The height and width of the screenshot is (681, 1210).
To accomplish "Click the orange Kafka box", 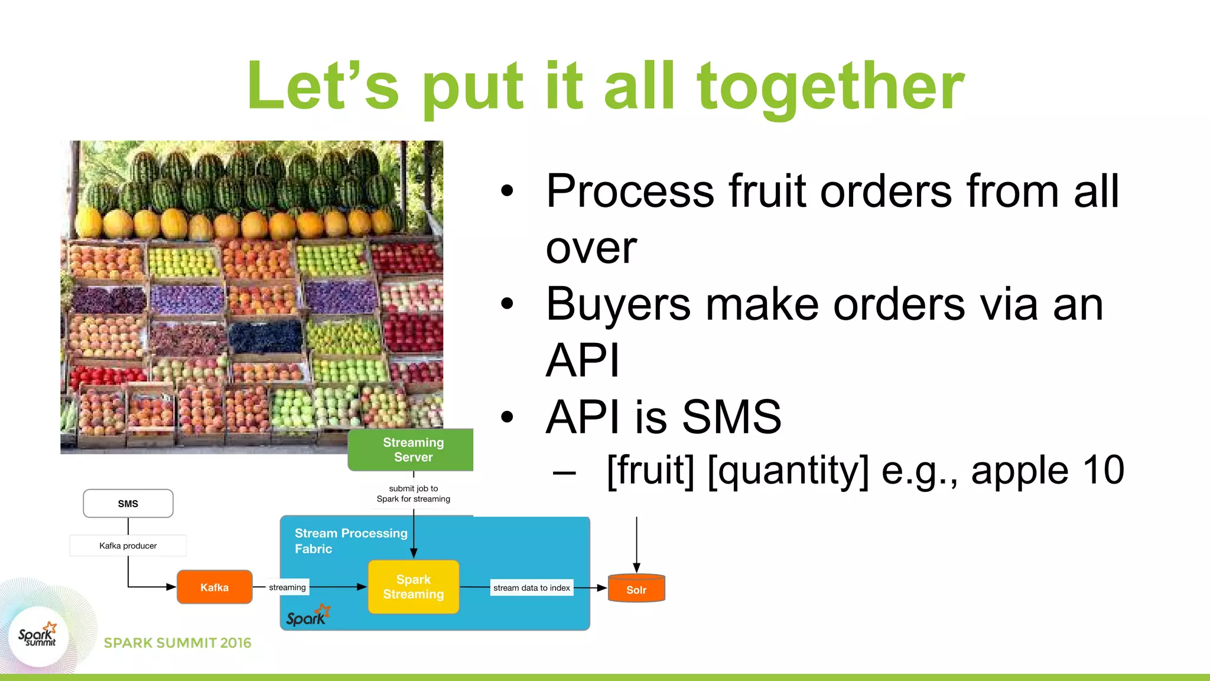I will [x=214, y=587].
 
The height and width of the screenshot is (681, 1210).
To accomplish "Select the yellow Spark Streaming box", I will [x=414, y=587].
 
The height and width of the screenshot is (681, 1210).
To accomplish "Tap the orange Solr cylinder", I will [x=636, y=589].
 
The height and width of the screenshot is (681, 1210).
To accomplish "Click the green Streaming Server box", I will [x=413, y=450].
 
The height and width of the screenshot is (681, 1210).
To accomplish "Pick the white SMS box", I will [x=128, y=504].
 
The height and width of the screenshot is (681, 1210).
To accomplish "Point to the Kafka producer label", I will [x=128, y=546].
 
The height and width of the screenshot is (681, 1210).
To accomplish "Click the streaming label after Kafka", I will [x=287, y=587].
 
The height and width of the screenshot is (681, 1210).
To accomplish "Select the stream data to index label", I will [x=531, y=588].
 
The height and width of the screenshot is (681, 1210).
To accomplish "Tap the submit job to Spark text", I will [x=414, y=494].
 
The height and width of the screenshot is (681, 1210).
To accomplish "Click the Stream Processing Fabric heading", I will [x=351, y=540].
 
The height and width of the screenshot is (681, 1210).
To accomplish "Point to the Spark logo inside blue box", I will [x=308, y=616].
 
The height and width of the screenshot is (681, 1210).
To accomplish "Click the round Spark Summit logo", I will [x=38, y=637].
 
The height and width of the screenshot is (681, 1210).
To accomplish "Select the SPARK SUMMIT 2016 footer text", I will [x=177, y=643].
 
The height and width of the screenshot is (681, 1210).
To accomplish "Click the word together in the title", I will [x=830, y=87].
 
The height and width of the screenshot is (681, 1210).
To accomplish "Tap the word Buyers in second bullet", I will [x=618, y=305].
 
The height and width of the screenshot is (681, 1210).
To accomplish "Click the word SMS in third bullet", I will [x=731, y=417].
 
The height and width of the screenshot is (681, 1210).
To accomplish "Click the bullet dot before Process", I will [x=507, y=191].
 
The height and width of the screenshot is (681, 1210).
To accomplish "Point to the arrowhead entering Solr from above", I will [x=636, y=567].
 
